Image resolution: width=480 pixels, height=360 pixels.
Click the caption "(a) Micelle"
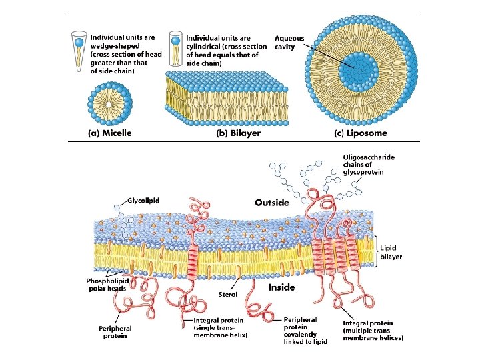tap(110, 133)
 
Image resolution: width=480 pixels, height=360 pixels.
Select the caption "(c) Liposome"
tap(360, 133)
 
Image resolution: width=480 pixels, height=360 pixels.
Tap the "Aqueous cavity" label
tap(289, 43)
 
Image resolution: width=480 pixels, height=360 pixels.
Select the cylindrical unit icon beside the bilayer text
tap(177, 48)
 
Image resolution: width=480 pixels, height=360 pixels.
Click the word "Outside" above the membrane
tap(272, 202)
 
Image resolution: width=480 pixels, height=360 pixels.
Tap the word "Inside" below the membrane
tap(282, 288)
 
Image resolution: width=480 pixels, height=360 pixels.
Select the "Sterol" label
tap(228, 294)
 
